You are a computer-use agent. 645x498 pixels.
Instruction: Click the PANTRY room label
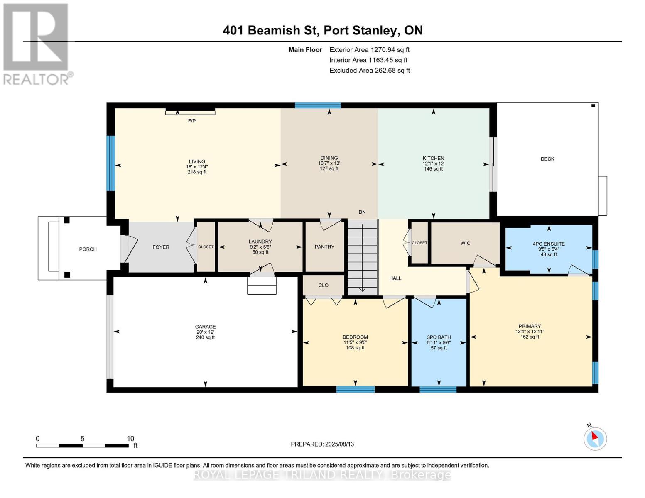[324, 247]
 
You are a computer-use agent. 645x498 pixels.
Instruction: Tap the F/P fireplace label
[192, 121]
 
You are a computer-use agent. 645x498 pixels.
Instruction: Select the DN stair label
[362, 212]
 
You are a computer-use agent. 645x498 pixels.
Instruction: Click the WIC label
[465, 243]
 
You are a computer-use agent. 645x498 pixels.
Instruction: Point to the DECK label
[547, 159]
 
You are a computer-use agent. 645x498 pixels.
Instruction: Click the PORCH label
[88, 249]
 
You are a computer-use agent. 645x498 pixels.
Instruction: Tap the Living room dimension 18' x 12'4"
[197, 167]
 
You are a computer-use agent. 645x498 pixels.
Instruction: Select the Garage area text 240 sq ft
[206, 337]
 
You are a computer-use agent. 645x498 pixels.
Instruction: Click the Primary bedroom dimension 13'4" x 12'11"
[530, 332]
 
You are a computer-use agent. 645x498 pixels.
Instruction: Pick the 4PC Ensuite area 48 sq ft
[549, 254]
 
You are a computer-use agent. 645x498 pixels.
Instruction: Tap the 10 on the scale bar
[130, 438]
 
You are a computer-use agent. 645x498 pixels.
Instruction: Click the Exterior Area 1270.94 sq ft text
[369, 50]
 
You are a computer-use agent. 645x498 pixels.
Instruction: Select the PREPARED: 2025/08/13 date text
[322, 444]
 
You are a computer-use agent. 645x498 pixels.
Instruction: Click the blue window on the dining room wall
[318, 105]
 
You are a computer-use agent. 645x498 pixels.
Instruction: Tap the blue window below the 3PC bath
[438, 389]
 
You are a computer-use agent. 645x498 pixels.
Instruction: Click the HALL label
[395, 278]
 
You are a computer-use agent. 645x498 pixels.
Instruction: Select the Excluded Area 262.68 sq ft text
[370, 71]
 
